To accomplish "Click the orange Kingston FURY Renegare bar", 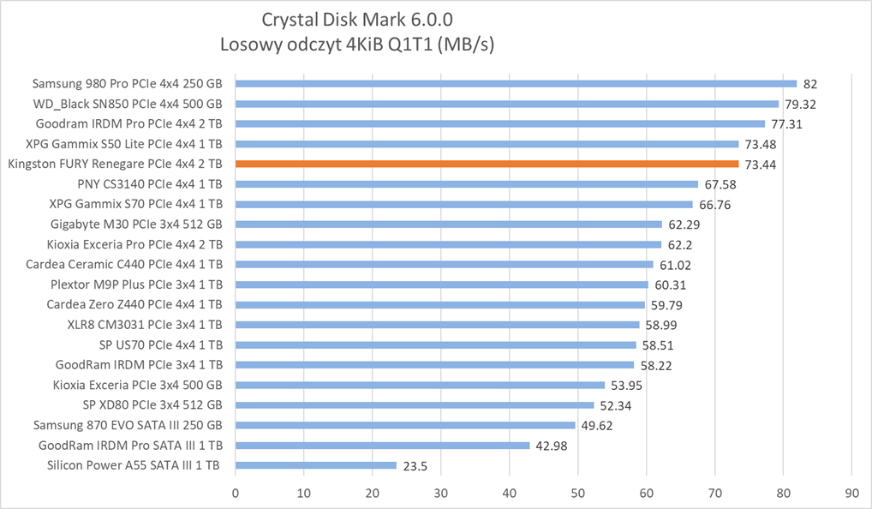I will point(487,164).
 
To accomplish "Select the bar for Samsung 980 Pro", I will point(516,84).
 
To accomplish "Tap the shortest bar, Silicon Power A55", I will point(316,465).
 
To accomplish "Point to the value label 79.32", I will point(801,105).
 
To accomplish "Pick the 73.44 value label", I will point(762,164).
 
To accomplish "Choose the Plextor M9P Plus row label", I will point(136,284).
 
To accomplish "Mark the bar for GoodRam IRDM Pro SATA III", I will point(383,445).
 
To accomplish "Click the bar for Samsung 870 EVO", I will point(405,425).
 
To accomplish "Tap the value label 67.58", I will point(721,184).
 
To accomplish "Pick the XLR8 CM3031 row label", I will point(145,325).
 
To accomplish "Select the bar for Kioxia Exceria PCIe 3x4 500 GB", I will point(420,385).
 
